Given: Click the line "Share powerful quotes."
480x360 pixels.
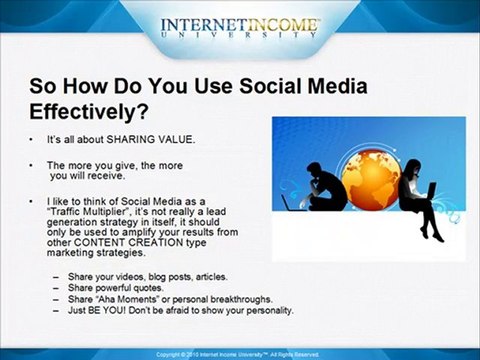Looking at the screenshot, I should (x=113, y=287).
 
